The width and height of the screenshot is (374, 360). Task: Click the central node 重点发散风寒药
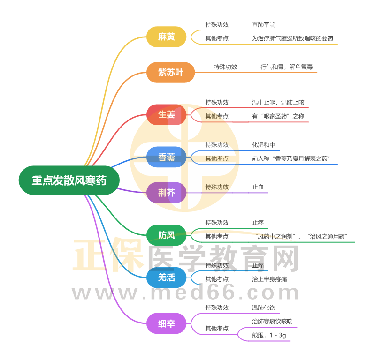(69, 180)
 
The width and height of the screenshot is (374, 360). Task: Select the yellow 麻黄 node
(167, 37)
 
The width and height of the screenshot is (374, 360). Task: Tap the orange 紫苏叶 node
(170, 72)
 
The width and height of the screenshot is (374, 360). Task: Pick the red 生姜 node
(167, 114)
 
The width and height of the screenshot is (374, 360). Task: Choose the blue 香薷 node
(167, 157)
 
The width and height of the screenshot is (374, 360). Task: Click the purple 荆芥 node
(167, 193)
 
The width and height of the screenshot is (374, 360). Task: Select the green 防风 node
(167, 235)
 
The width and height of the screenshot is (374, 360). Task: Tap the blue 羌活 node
(167, 277)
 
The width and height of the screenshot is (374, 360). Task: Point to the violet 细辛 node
(167, 323)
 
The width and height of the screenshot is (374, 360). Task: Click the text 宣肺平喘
(264, 25)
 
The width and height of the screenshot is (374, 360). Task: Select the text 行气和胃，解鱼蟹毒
(286, 67)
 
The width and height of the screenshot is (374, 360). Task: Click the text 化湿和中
(264, 145)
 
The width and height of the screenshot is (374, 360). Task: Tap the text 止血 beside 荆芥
(258, 187)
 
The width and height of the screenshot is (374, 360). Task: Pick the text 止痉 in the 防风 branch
(258, 223)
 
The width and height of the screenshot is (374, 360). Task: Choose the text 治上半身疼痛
(269, 279)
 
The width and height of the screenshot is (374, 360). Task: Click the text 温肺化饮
(264, 307)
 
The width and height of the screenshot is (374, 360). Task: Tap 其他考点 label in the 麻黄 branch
(217, 38)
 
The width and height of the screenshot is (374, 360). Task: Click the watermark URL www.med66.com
(186, 293)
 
